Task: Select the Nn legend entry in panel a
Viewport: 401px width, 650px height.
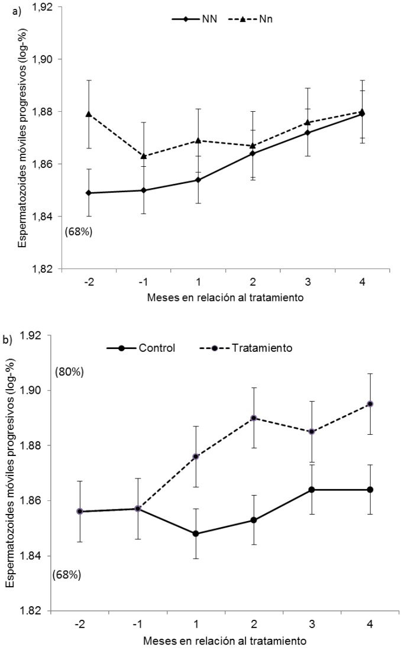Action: pyautogui.click(x=251, y=18)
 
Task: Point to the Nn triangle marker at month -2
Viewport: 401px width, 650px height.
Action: pyautogui.click(x=88, y=114)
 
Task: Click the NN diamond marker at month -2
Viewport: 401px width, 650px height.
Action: pyautogui.click(x=88, y=193)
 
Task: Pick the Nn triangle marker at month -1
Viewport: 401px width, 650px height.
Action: pyautogui.click(x=143, y=156)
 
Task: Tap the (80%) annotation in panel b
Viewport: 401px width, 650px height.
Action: pyautogui.click(x=69, y=373)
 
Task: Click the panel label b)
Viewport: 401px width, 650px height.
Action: pyautogui.click(x=8, y=340)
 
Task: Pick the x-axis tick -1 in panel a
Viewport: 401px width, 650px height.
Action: pyautogui.click(x=143, y=282)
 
